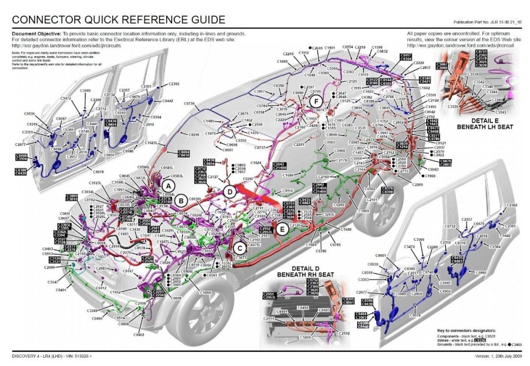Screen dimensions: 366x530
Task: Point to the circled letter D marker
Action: point(229,191)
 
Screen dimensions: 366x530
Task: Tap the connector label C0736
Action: point(188,103)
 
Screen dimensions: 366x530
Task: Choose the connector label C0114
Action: point(287,190)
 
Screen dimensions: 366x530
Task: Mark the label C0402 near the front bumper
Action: point(139,335)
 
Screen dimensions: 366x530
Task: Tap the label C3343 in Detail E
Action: point(500,112)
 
